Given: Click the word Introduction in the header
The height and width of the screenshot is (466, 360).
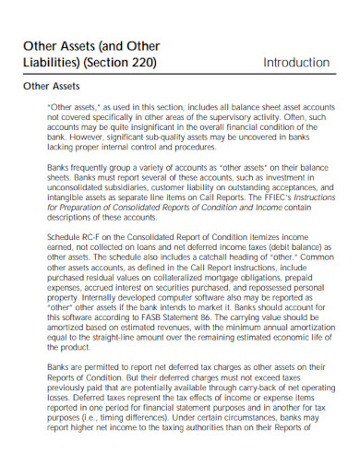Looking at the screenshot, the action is pyautogui.click(x=294, y=63).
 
